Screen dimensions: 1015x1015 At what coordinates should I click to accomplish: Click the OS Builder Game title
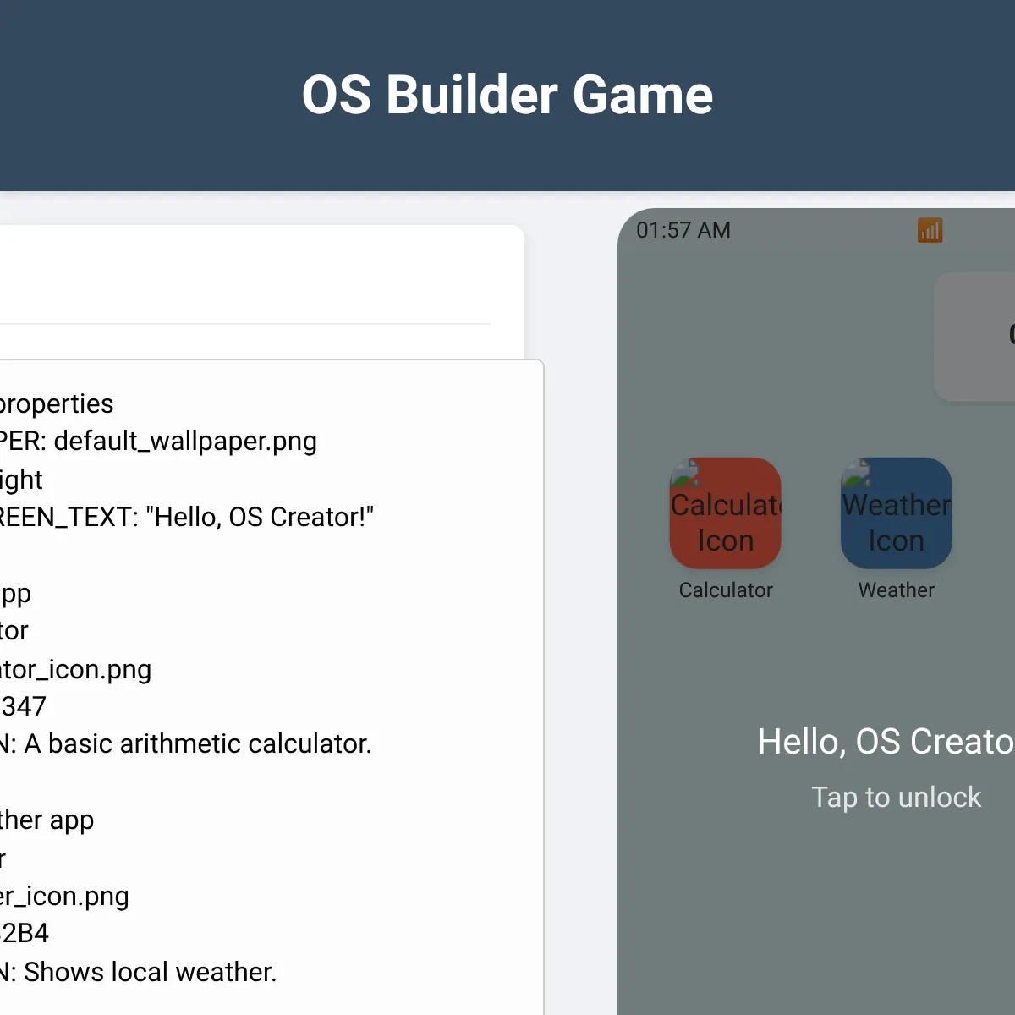[507, 94]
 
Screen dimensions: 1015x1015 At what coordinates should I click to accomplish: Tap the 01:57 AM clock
[683, 230]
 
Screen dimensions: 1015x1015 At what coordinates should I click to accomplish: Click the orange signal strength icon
[930, 230]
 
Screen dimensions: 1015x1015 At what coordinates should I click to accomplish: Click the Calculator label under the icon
[726, 590]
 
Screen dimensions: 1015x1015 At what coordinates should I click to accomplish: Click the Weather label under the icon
[897, 590]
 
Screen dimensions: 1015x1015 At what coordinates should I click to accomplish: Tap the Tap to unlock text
[897, 797]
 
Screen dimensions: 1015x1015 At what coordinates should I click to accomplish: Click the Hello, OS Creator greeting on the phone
[885, 742]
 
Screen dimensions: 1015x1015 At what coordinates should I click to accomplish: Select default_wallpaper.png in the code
[184, 441]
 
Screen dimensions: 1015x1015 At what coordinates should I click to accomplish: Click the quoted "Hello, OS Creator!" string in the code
[259, 517]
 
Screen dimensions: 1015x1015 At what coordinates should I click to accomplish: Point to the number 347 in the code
[24, 706]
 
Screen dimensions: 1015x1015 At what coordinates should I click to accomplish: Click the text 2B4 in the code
[25, 933]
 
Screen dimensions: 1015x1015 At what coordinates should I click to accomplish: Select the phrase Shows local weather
[150, 972]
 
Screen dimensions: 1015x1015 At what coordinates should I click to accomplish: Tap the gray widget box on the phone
[974, 337]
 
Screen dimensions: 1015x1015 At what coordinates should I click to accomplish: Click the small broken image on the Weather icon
[856, 472]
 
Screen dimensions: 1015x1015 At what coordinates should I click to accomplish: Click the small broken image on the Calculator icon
[685, 472]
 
